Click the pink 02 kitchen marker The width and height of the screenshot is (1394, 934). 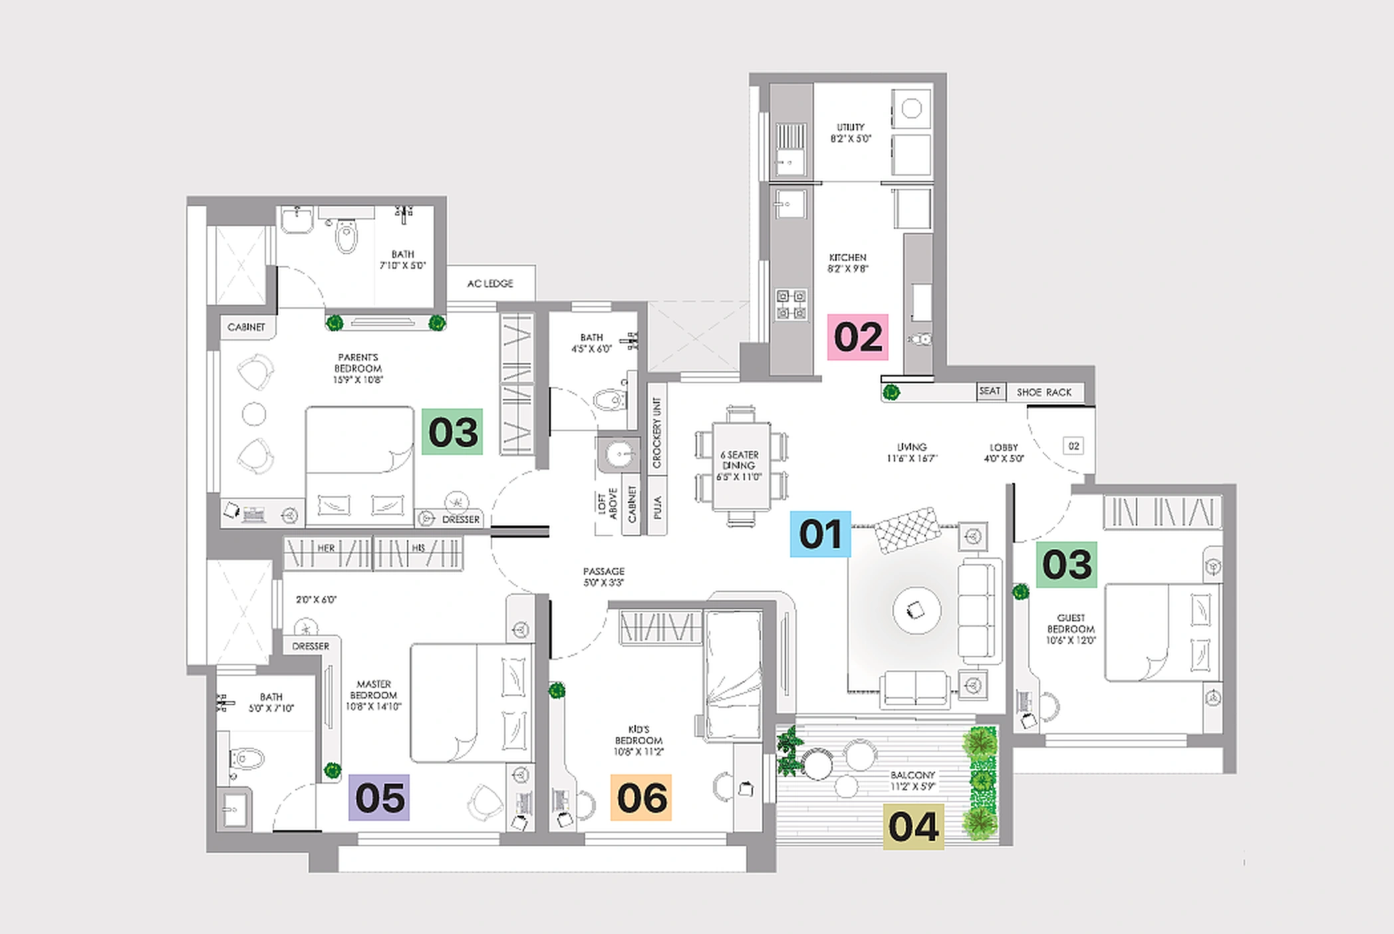tap(857, 337)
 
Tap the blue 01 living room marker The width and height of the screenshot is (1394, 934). tap(820, 534)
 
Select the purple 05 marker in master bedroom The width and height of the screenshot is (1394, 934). tap(379, 798)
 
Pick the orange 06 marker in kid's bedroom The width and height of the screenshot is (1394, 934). tap(641, 798)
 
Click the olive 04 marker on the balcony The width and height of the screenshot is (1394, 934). tap(913, 827)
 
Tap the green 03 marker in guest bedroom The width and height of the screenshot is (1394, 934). tap(1067, 565)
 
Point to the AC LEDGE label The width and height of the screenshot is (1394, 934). tap(490, 284)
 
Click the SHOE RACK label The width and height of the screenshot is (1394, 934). tap(1044, 392)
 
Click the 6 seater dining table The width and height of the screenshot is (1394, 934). tap(740, 466)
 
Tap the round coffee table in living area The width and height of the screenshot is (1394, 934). tap(916, 610)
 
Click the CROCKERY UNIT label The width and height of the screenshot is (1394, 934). tap(657, 433)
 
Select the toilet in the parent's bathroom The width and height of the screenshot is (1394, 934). tap(346, 237)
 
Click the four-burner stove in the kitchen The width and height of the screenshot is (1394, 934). tap(791, 305)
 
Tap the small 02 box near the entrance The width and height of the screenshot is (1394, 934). tap(1073, 446)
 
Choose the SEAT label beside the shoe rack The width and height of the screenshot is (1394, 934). tap(990, 391)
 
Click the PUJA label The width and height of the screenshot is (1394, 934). tap(658, 508)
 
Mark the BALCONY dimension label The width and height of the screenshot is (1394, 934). tap(913, 780)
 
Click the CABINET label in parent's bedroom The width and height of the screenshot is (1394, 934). tap(246, 327)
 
